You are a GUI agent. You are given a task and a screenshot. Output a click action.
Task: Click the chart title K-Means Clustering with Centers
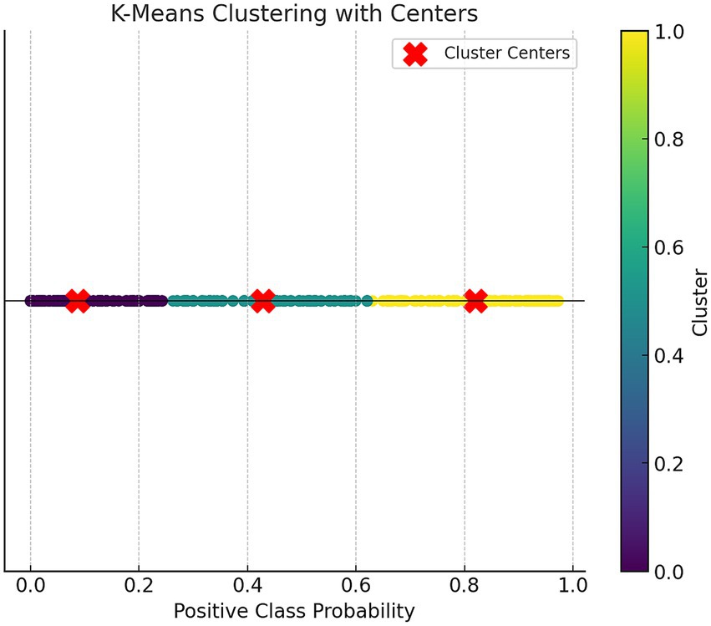coord(294,13)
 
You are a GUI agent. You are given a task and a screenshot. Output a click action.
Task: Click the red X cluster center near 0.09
coord(78,300)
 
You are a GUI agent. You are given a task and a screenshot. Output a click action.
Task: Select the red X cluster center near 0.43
coord(263,300)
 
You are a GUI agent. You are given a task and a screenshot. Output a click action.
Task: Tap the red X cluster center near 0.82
coord(475,300)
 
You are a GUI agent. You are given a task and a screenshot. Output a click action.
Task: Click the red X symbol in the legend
coord(415,53)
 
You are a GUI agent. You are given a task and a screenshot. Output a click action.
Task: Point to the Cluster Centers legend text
coord(507,53)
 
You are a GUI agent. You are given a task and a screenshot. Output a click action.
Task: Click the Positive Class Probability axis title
coord(294,612)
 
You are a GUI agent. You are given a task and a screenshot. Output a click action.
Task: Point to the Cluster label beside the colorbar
coord(700,302)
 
